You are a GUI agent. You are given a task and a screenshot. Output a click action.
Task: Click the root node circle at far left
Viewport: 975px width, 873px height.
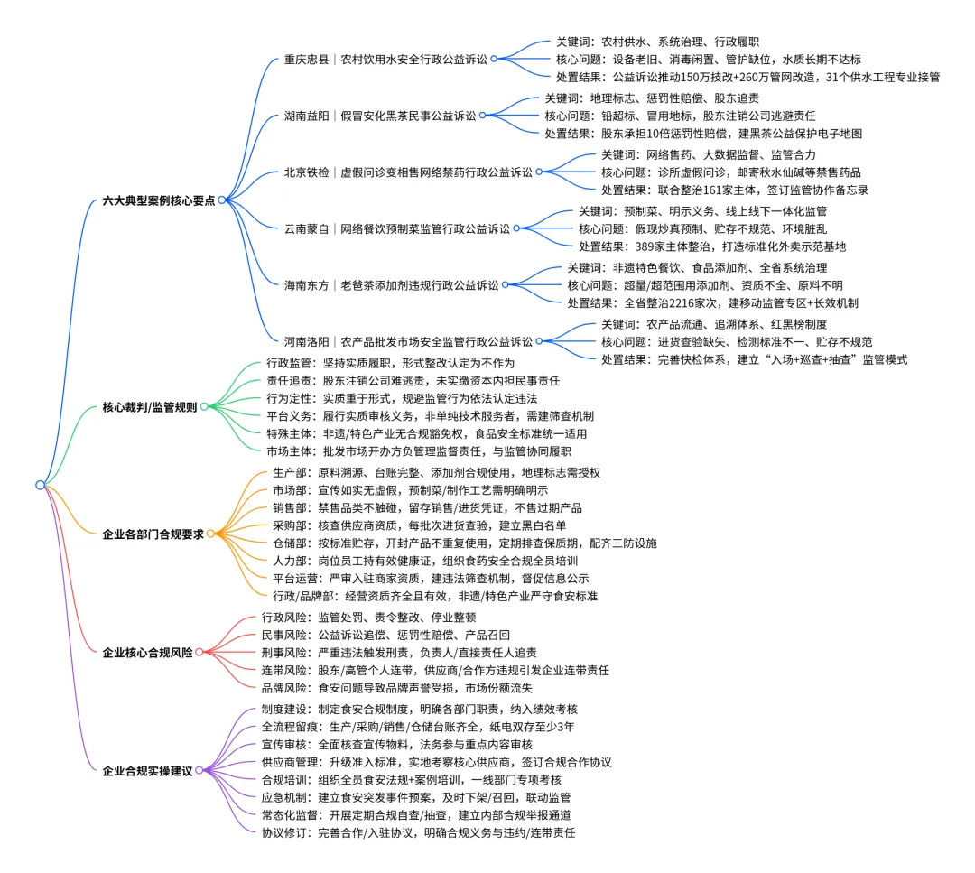point(40,485)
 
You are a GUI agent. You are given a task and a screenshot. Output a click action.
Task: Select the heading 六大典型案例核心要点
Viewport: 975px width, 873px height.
point(158,200)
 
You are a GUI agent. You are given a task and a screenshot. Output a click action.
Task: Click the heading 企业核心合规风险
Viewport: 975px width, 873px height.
point(146,652)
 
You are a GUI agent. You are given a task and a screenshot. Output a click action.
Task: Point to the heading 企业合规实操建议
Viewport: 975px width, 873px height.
point(146,771)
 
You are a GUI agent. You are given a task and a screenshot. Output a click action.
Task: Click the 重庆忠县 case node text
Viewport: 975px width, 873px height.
point(385,60)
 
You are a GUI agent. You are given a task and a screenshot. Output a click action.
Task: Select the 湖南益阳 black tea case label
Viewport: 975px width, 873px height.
point(379,116)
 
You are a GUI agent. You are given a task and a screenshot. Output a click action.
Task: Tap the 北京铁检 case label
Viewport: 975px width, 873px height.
point(408,172)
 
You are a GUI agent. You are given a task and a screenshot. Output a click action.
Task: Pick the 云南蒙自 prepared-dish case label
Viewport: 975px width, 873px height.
point(396,228)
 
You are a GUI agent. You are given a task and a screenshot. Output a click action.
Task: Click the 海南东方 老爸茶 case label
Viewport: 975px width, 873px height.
point(391,285)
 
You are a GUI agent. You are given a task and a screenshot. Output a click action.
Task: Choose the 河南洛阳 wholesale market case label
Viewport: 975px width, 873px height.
point(408,342)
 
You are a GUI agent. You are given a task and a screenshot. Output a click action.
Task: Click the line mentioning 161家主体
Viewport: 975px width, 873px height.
point(735,190)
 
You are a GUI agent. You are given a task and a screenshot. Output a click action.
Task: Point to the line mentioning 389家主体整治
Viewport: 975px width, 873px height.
point(712,246)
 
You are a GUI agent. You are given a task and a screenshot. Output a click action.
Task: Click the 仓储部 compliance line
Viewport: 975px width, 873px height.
point(464,543)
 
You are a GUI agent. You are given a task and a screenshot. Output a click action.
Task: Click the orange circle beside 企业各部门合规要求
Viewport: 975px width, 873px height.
point(210,534)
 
